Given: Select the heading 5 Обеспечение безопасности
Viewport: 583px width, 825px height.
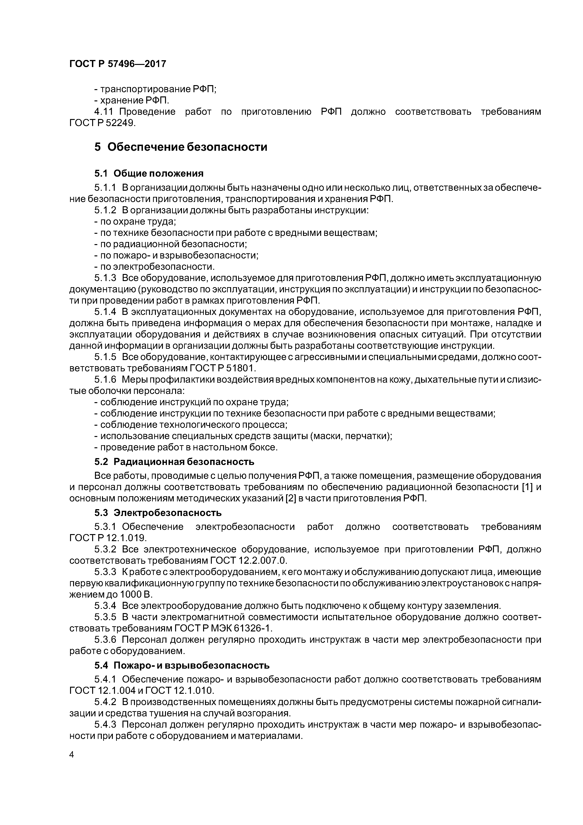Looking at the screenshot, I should (181, 147).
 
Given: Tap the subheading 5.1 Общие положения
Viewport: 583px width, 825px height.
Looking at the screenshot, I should (149, 174).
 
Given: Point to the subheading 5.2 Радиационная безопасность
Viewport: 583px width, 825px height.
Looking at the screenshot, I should (174, 462).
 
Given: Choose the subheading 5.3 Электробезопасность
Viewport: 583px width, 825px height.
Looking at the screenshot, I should (158, 512).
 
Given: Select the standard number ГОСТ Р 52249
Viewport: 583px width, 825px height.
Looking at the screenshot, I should (102, 123).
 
